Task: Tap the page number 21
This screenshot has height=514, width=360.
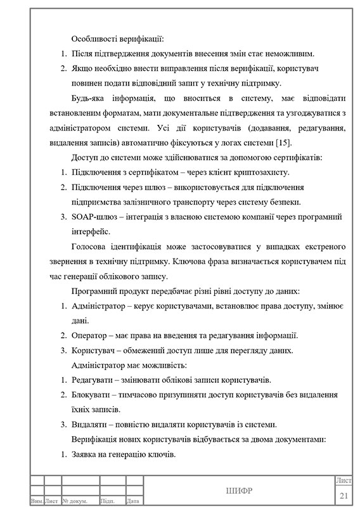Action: [x=344, y=495]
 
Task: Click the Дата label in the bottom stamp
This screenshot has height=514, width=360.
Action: [x=133, y=501]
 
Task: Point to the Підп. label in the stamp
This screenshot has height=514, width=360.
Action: [x=108, y=501]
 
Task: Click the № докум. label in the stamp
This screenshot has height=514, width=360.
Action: [x=79, y=501]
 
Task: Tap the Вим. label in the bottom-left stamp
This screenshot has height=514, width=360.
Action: [x=37, y=501]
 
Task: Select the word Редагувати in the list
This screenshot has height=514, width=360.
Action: [x=94, y=380]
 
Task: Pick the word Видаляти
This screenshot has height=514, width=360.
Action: [x=92, y=425]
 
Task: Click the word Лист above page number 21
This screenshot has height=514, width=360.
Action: [x=344, y=482]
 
